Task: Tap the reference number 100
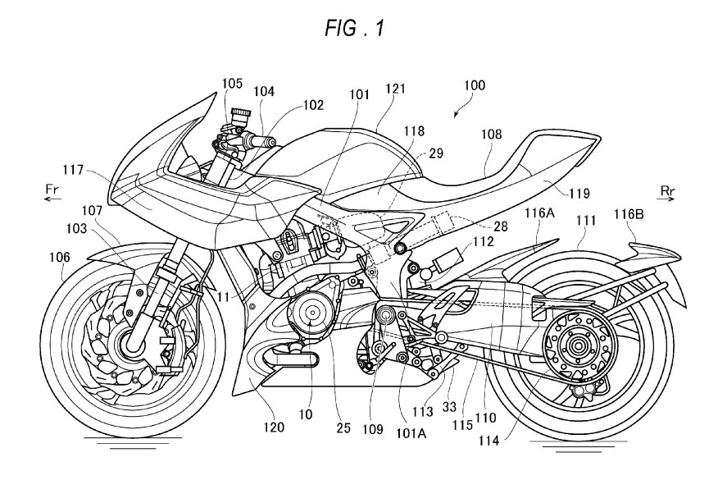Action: pos(475,85)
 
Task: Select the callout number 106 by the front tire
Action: pos(60,257)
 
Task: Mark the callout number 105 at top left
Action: pos(234,85)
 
